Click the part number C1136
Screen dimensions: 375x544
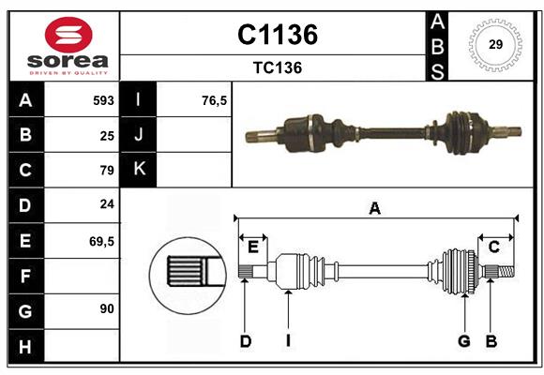tap(277, 35)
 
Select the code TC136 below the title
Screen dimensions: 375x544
tap(277, 67)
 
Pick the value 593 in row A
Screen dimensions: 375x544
tap(102, 100)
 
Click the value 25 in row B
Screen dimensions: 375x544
tap(106, 135)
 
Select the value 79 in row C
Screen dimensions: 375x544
tap(106, 170)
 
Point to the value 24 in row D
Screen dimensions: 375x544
tap(106, 204)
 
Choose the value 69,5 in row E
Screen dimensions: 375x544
tap(101, 241)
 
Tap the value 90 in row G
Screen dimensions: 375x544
tap(106, 308)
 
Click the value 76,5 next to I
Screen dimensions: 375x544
tap(215, 100)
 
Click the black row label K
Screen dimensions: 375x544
tap(139, 170)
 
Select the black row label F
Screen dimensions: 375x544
tap(24, 276)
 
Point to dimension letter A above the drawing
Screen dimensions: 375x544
tap(374, 208)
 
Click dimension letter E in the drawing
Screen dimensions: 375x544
tap(252, 247)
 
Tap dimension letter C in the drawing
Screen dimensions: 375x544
tap(493, 247)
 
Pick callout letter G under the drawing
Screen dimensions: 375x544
tap(463, 341)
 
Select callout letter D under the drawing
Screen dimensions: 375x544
tap(245, 341)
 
